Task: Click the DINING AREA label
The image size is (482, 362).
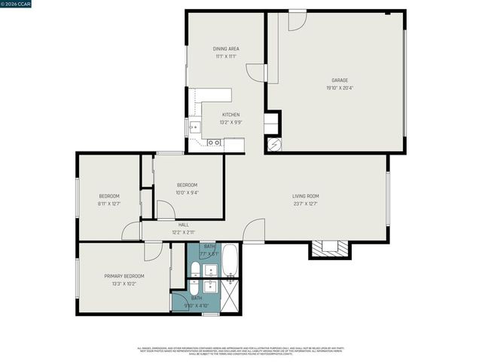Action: [226, 48]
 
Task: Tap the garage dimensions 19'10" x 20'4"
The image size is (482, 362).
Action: [339, 87]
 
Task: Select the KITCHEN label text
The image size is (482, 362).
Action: [230, 115]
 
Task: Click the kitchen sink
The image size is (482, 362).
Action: [194, 127]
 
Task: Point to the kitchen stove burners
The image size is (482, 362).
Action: [215, 142]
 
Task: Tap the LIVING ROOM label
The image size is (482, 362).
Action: [306, 196]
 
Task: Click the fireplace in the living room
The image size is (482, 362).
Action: [330, 249]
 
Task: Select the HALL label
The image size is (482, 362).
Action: [183, 225]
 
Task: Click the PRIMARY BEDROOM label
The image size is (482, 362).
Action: [124, 276]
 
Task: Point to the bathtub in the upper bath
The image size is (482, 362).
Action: [230, 260]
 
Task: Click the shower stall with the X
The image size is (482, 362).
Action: [230, 295]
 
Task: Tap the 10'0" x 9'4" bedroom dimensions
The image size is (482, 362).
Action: [187, 192]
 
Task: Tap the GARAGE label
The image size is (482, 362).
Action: [339, 79]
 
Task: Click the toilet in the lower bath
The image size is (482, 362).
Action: [194, 287]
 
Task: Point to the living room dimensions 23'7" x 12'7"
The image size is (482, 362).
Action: [306, 204]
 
